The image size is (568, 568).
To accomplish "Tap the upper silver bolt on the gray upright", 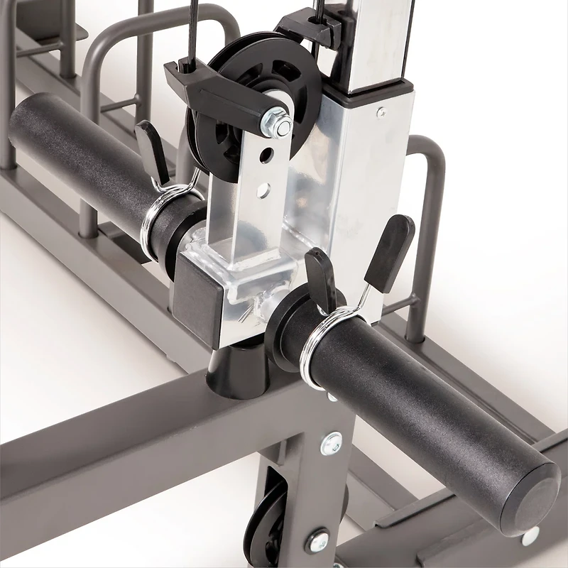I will tap(331, 444).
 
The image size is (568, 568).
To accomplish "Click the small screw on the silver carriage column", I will tap(381, 111).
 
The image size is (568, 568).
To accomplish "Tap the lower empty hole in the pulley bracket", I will tap(263, 190).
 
